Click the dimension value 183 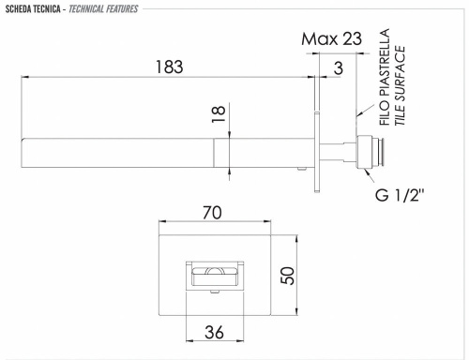point(169,67)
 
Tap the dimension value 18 point(219,114)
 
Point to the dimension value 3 point(337,67)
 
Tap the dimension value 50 point(289,275)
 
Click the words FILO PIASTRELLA point(384,90)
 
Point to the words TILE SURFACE point(401,90)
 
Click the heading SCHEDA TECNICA point(32,8)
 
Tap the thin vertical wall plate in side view point(323,150)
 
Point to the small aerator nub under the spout point(301,168)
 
